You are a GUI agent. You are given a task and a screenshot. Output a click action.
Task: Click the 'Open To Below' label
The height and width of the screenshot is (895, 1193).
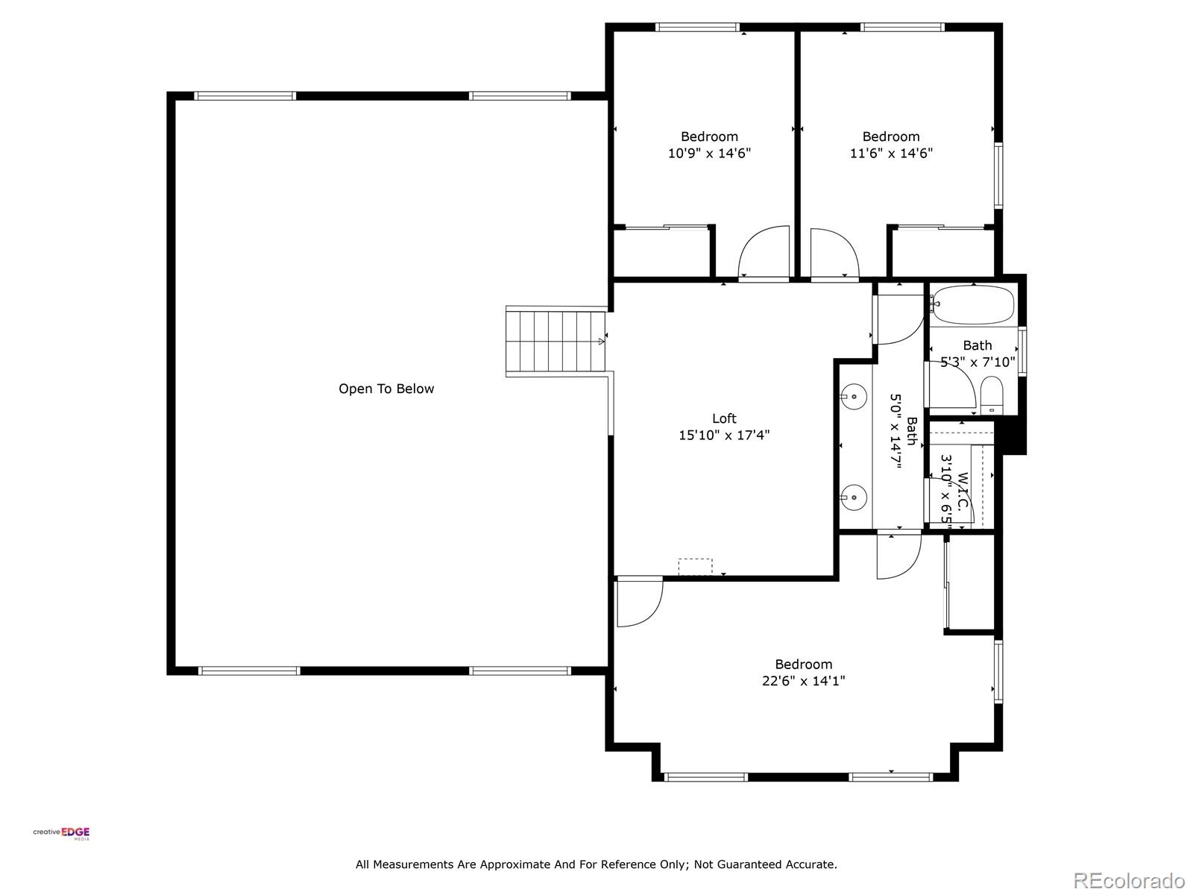tap(386, 389)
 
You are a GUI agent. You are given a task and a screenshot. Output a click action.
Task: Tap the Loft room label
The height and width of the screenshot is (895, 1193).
tap(724, 418)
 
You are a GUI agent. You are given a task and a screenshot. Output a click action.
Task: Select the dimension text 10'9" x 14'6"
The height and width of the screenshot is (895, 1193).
tap(709, 154)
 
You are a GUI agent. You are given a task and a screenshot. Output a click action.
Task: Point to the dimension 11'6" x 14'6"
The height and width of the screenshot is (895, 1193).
tap(891, 154)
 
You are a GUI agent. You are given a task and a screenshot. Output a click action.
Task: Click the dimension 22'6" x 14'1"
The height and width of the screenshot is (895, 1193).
tap(803, 681)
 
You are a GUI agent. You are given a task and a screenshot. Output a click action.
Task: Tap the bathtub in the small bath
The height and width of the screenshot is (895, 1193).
tap(973, 305)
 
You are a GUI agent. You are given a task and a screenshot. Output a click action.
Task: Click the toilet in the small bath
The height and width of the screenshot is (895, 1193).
tap(992, 396)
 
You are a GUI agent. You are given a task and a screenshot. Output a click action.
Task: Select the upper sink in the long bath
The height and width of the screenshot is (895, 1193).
tap(854, 396)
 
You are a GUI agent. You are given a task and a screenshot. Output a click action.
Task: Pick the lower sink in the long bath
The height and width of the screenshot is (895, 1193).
tap(854, 495)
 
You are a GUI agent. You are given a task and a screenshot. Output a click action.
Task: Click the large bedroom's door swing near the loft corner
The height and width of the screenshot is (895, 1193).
tap(638, 601)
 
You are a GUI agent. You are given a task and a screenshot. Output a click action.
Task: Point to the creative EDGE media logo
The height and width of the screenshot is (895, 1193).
tap(62, 834)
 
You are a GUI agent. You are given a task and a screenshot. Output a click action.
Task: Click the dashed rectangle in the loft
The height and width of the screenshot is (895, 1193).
tap(695, 567)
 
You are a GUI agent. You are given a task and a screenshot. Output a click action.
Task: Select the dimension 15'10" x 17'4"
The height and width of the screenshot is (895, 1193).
tap(724, 436)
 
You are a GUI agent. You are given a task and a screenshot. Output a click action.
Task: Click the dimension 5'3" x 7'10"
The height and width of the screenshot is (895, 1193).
tap(978, 362)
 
